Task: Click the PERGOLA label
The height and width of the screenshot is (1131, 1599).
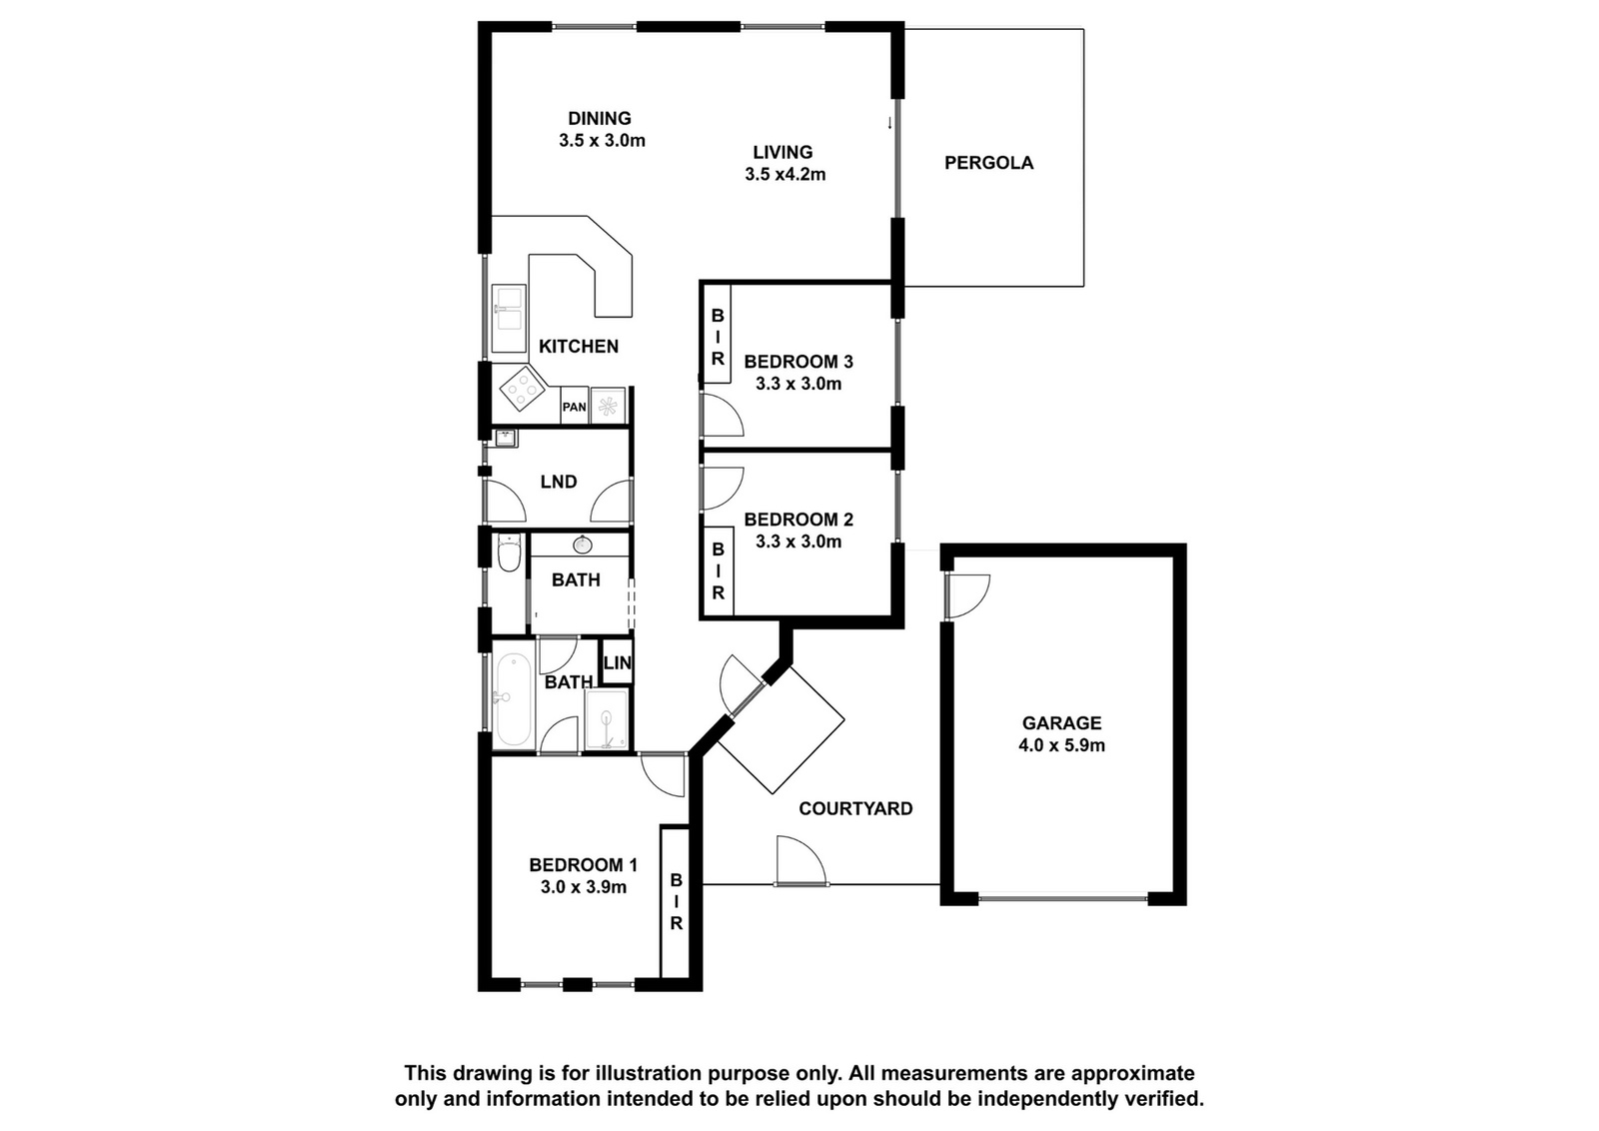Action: click(x=988, y=163)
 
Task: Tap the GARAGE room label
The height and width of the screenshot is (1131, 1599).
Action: click(x=1061, y=722)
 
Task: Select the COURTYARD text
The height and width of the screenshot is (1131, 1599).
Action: click(x=855, y=808)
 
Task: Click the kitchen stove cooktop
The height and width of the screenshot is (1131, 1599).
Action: click(x=521, y=389)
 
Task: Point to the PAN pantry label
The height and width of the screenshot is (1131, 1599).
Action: click(x=575, y=408)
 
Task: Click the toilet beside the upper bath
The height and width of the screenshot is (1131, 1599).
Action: click(x=509, y=554)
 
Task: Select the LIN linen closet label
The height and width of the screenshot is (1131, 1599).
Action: click(x=618, y=662)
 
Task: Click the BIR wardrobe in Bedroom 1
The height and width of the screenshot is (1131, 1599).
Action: click(x=676, y=902)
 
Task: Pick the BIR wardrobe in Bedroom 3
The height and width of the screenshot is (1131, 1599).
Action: click(x=718, y=334)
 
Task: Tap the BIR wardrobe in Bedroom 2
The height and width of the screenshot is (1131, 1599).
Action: click(x=719, y=570)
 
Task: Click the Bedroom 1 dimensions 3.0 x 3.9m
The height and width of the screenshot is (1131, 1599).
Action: click(x=584, y=887)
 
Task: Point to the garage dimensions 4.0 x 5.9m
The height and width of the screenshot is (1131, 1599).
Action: click(x=1061, y=745)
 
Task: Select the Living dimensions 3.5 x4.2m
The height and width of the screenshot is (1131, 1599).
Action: click(x=786, y=174)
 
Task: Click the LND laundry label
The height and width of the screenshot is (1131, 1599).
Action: click(x=559, y=482)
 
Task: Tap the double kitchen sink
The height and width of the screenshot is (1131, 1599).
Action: click(x=509, y=319)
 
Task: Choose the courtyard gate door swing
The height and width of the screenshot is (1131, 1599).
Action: click(x=801, y=860)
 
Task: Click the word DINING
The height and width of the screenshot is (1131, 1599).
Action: click(x=600, y=119)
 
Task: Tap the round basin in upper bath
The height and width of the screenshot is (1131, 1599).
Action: click(x=583, y=546)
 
